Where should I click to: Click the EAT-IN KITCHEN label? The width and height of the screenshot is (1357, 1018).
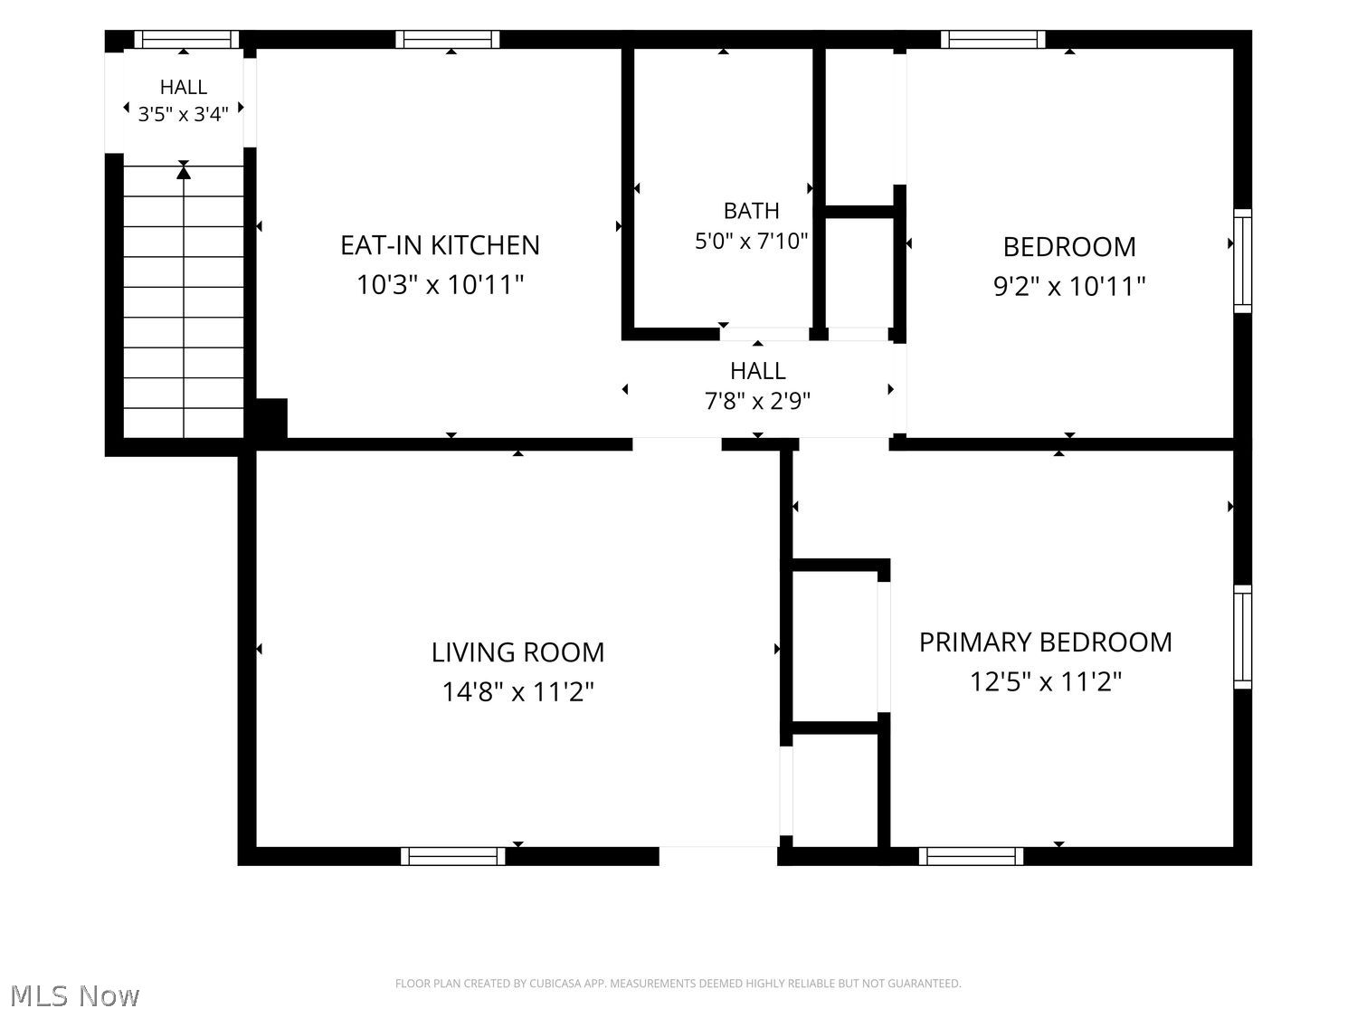tap(440, 245)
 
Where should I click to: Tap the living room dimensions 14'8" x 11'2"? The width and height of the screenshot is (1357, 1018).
tap(517, 691)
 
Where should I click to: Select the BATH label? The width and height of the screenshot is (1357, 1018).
tap(751, 211)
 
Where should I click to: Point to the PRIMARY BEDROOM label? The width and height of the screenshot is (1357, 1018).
tap(1046, 642)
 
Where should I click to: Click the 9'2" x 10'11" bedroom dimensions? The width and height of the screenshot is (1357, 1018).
tap(1069, 286)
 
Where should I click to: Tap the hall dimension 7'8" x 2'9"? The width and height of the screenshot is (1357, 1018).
tap(757, 402)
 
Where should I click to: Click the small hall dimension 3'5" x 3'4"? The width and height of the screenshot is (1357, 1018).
tap(183, 114)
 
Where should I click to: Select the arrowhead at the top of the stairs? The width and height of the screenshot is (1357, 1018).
tap(184, 171)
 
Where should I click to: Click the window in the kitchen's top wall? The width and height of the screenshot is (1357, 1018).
tap(448, 39)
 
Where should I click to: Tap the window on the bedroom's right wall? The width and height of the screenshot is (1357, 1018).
tap(1243, 261)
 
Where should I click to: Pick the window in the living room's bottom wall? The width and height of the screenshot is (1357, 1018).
tap(452, 856)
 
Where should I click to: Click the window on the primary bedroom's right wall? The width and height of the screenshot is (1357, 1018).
tap(1243, 637)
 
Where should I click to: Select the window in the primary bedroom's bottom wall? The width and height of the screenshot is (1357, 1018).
tap(971, 856)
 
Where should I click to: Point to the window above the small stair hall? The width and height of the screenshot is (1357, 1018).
tap(186, 39)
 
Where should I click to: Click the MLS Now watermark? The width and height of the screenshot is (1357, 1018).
tap(75, 995)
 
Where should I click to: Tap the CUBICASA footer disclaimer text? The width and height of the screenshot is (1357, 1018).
tap(678, 984)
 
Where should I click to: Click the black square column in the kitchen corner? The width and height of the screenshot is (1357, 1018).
tap(271, 418)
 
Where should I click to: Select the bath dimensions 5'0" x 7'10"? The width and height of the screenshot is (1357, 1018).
tap(751, 241)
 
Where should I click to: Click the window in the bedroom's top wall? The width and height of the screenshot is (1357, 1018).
tap(992, 39)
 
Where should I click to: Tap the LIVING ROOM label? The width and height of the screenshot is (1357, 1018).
tap(517, 652)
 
